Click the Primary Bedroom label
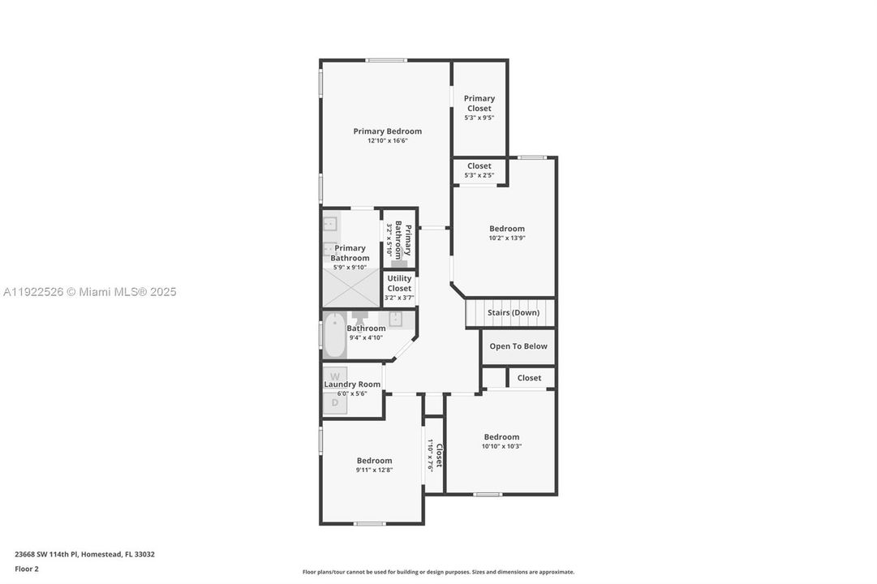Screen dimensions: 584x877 pyautogui.click(x=387, y=131)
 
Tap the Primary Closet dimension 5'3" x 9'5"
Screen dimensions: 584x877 pyautogui.click(x=479, y=118)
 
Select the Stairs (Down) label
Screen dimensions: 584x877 pyautogui.click(x=513, y=313)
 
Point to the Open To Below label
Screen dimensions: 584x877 pyautogui.click(x=518, y=346)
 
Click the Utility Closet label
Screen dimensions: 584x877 pyautogui.click(x=399, y=283)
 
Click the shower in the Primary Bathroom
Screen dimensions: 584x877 pyautogui.click(x=351, y=288)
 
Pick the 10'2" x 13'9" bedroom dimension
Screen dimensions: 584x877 pyautogui.click(x=506, y=238)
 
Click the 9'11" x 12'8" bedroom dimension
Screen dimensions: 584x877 pyautogui.click(x=374, y=470)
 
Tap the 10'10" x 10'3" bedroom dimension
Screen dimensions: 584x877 pyautogui.click(x=501, y=446)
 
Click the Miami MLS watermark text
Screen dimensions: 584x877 pyautogui.click(x=88, y=292)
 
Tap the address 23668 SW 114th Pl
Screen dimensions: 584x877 pyautogui.click(x=84, y=555)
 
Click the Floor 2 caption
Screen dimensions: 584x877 pyautogui.click(x=27, y=569)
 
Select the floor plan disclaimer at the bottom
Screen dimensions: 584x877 pyautogui.click(x=438, y=572)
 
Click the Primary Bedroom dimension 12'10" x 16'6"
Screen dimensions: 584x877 pyautogui.click(x=387, y=141)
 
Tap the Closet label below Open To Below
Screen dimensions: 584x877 pyautogui.click(x=529, y=378)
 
